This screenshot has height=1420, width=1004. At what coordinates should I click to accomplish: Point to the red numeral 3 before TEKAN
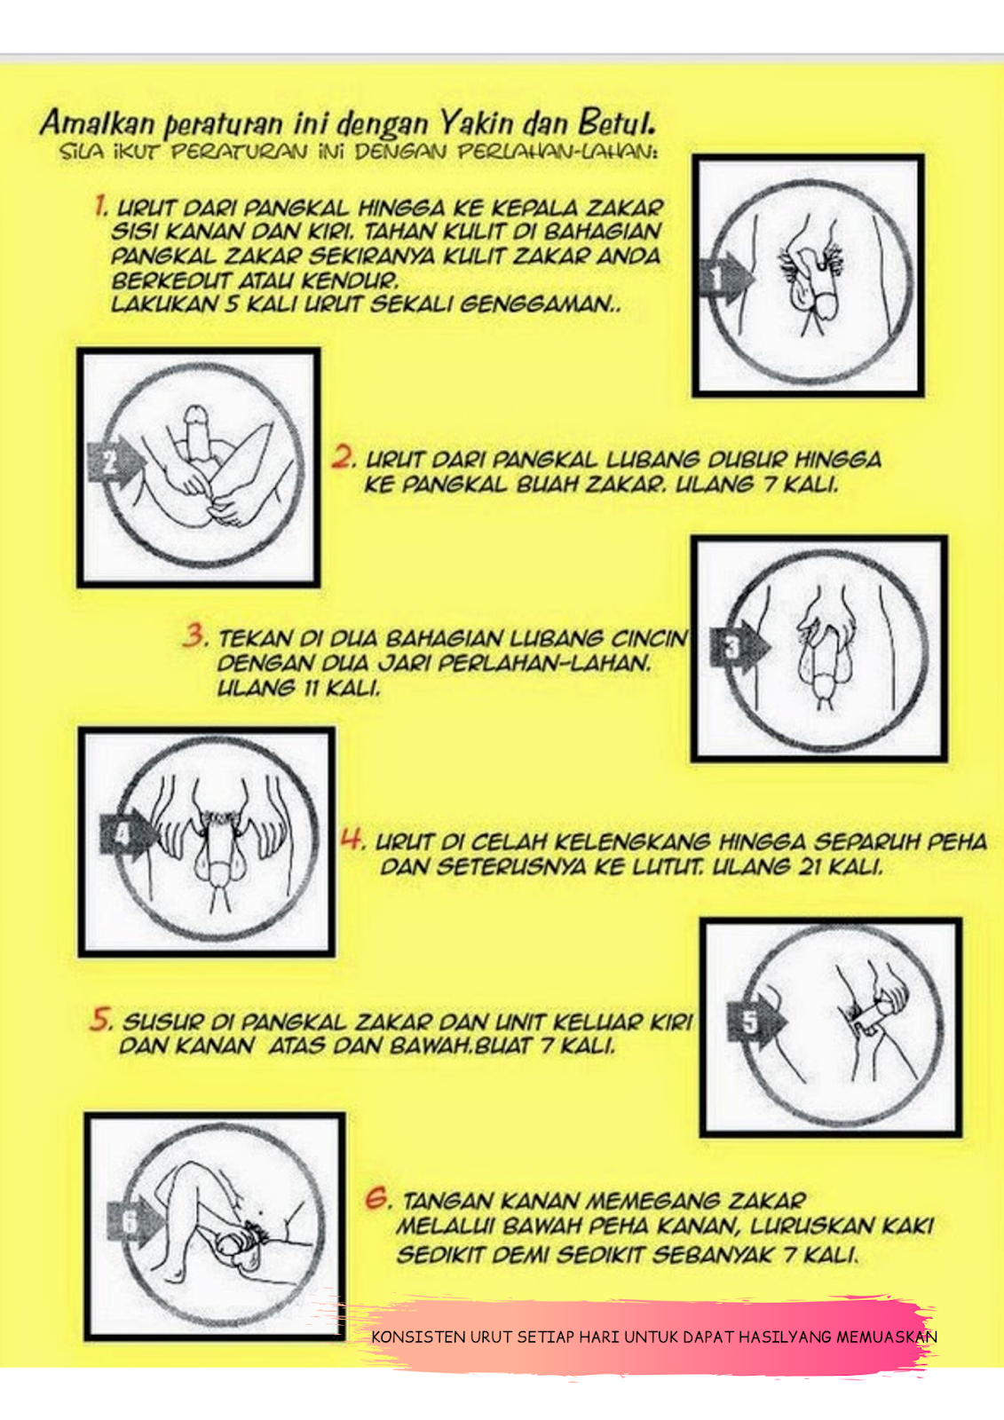[x=194, y=635]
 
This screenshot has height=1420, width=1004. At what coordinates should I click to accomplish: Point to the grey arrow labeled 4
[x=128, y=834]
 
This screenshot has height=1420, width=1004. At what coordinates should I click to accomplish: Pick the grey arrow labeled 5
[x=756, y=1022]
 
